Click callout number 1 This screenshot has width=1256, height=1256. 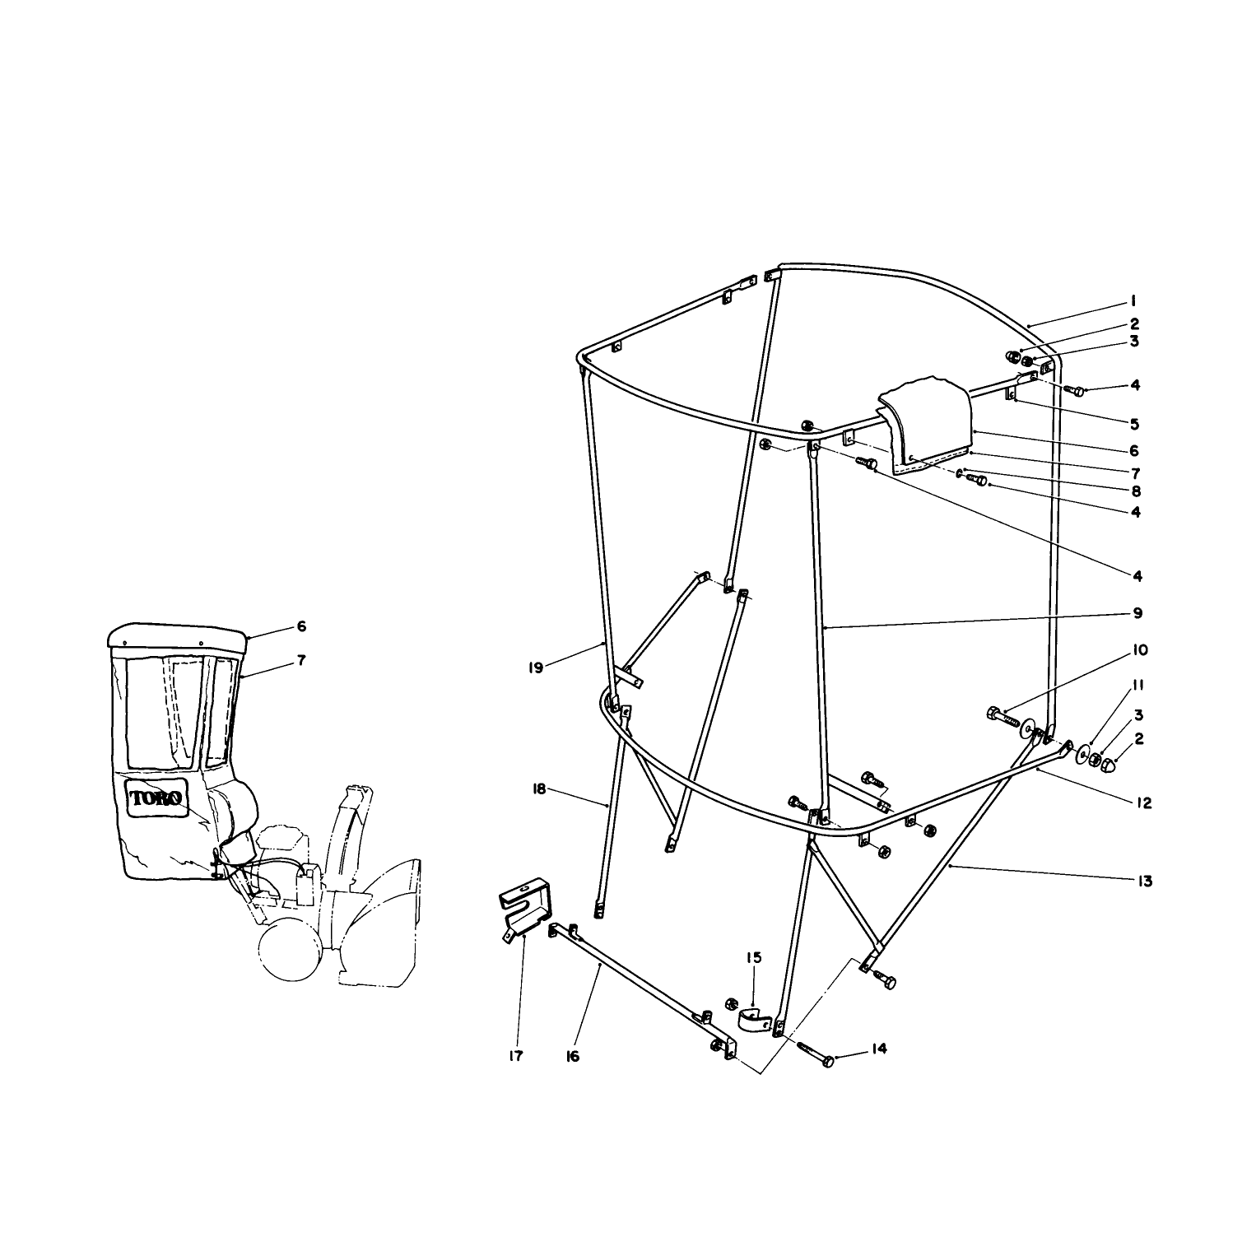coord(1133,300)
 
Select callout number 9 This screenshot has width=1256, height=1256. coord(1137,613)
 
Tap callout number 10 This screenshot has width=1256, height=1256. coord(1140,650)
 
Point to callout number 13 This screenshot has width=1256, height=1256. coord(1144,882)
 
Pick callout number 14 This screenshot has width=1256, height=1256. coord(880,1049)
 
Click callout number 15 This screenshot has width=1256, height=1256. coord(754,957)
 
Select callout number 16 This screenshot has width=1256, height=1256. coord(573,1056)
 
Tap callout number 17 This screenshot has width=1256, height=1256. coord(515,1056)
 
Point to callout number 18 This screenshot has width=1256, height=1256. coord(539,789)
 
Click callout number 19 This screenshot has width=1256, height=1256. coord(536,668)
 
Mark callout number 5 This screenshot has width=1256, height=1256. coord(1134,425)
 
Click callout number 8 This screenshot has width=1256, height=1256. coord(1136,491)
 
